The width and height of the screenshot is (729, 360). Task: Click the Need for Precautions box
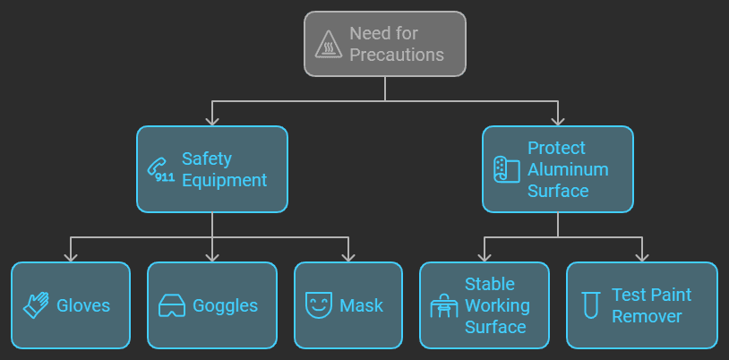point(385,43)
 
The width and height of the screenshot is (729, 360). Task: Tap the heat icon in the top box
point(329,44)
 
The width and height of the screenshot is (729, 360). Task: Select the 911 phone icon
point(161,169)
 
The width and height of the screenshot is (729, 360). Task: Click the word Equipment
point(224,180)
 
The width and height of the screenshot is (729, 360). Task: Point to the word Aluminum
point(568,169)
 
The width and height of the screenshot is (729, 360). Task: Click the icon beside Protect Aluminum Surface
point(507,169)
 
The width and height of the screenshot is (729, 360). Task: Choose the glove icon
point(37,305)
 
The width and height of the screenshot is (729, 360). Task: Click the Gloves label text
point(83,305)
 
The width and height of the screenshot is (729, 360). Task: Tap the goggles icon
point(172,305)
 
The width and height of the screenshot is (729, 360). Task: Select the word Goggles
point(225,305)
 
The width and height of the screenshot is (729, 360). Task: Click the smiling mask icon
point(319,305)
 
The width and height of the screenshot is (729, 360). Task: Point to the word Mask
point(361,305)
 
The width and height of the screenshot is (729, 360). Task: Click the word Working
point(497,305)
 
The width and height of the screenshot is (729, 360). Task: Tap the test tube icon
point(590,305)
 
